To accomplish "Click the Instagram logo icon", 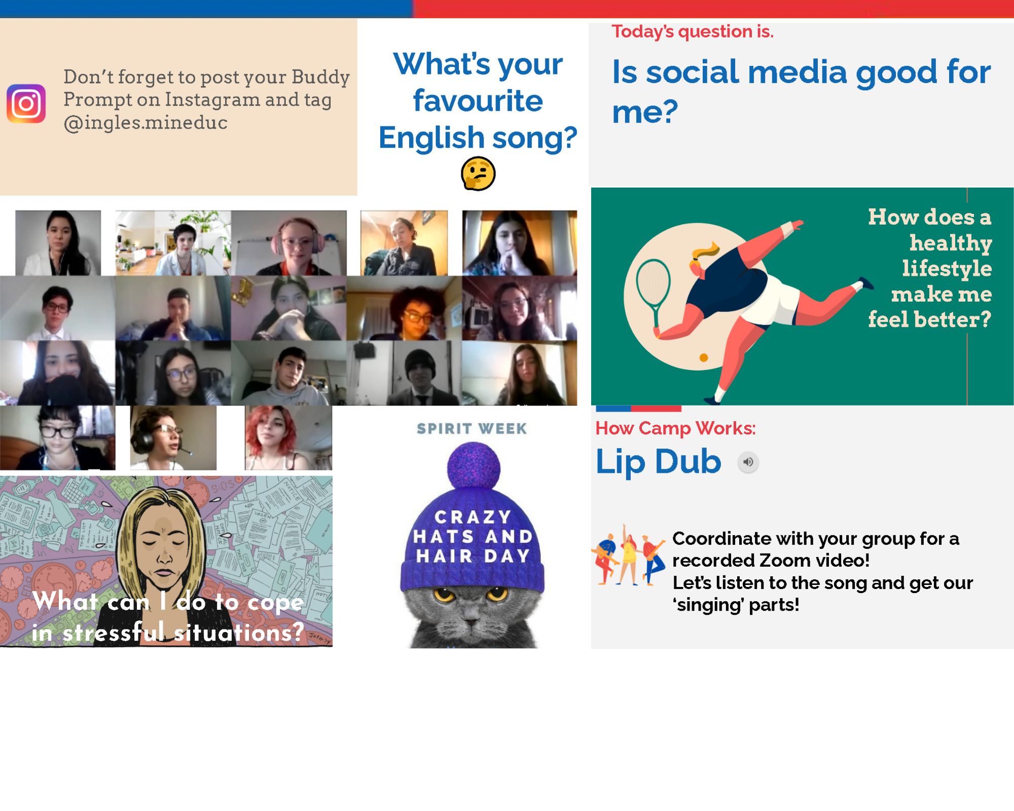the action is [x=26, y=103].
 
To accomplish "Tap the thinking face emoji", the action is [x=478, y=173].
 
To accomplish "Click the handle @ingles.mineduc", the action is [x=146, y=123].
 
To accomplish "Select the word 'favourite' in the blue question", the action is [x=478, y=100].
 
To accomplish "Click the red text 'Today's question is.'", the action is [x=693, y=31].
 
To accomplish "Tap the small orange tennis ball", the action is [x=704, y=357].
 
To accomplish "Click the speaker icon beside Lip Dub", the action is [x=748, y=462].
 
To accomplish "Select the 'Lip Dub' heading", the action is [x=658, y=461].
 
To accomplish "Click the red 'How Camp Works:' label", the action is [x=675, y=428].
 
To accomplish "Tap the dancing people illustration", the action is [x=629, y=556].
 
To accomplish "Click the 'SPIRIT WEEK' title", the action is [x=472, y=429].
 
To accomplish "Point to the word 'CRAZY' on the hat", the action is [x=473, y=517].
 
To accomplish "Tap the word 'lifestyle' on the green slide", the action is [x=947, y=269].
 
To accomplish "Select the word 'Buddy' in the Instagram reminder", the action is [x=320, y=78].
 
